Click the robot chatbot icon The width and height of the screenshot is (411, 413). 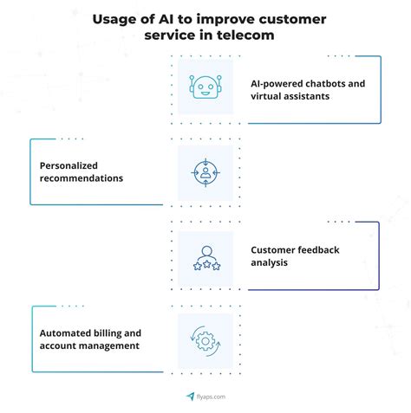(205, 88)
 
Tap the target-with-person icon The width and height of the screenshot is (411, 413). (205, 172)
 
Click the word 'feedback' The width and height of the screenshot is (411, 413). (316, 249)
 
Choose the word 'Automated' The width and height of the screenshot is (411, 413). (66, 332)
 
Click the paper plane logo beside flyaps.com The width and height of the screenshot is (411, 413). (190, 396)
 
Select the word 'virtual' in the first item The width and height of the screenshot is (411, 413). (267, 98)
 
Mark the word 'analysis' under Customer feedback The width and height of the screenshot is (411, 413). (270, 263)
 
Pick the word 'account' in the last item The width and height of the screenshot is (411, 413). (58, 346)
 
